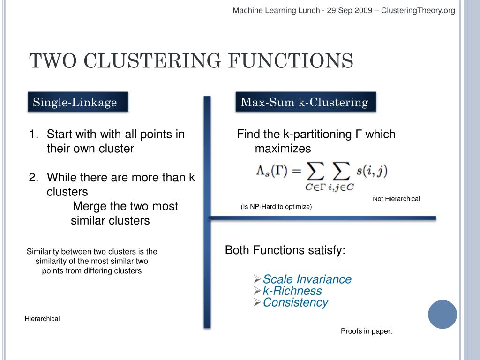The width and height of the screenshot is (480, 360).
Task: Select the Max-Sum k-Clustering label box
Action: coord(306,102)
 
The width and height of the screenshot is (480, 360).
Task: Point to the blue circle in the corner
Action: coord(442,314)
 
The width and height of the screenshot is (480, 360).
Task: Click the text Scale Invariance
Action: coord(307,279)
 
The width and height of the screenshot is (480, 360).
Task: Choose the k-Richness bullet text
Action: coord(292,291)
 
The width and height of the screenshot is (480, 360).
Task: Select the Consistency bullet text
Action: coord(295,302)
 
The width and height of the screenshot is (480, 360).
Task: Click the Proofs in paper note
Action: coord(366,331)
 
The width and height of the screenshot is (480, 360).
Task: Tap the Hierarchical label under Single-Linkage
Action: coord(42,319)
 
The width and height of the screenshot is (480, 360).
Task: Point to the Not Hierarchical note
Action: coord(396,199)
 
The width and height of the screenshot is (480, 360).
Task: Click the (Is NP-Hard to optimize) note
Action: coord(276,206)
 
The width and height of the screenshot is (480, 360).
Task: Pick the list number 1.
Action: coord(33,135)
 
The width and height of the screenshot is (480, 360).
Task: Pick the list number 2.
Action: coord(33,178)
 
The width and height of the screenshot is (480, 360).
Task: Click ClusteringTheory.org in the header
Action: coord(418,10)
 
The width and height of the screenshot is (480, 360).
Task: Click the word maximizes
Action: coord(283,149)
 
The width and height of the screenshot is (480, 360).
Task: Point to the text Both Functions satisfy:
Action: coord(285,250)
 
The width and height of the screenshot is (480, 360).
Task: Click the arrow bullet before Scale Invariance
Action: coord(257,279)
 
